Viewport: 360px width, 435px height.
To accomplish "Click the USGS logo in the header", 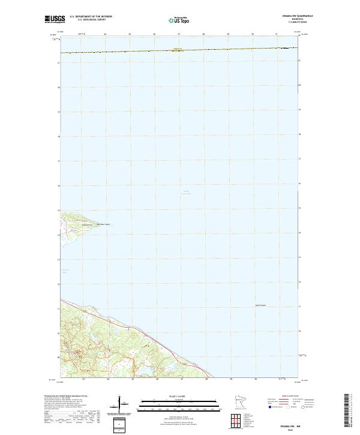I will click(55, 19).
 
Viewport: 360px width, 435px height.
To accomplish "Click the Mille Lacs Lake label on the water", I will click(185, 193).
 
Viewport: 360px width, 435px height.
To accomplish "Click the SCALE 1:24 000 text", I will click(179, 395).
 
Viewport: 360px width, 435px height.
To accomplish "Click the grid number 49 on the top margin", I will click(228, 34).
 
